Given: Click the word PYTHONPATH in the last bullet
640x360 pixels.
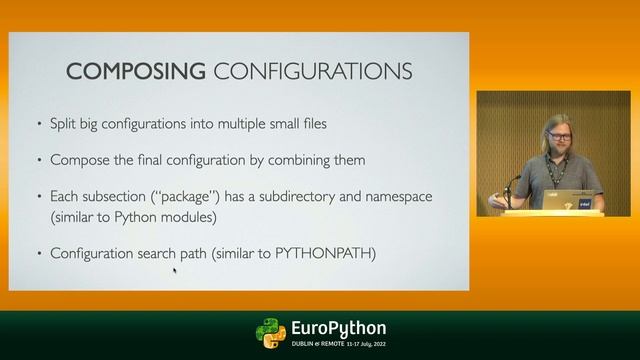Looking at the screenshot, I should [327, 253].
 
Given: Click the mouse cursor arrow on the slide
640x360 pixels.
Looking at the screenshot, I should [175, 268].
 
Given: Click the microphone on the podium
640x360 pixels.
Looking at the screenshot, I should [514, 180].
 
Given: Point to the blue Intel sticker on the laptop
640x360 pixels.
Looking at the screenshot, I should [585, 203].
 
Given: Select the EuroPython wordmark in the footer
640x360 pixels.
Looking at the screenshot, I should [338, 329].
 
